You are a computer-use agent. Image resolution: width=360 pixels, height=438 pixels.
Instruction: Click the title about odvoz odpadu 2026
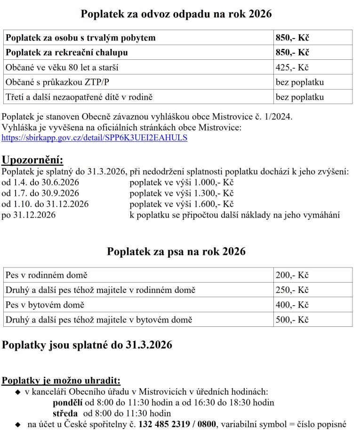(x=176, y=14)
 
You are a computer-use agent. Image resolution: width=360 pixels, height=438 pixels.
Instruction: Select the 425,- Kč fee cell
(x=292, y=67)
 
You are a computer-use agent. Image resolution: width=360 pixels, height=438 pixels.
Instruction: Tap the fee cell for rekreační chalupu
(x=292, y=52)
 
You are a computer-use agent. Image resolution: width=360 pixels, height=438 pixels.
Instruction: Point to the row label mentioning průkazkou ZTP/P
(x=57, y=82)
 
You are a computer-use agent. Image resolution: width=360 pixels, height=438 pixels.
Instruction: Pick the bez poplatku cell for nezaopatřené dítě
(x=300, y=97)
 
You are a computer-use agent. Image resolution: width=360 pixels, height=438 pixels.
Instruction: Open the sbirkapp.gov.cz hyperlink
(x=95, y=138)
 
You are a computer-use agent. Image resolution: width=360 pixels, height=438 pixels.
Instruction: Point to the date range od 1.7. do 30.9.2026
(x=40, y=193)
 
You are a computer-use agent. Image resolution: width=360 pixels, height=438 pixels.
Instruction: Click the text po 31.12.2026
(x=29, y=215)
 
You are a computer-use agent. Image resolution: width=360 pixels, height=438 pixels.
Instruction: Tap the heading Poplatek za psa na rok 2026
(x=176, y=251)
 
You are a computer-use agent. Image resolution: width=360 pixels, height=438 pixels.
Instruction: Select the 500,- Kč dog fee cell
(x=292, y=320)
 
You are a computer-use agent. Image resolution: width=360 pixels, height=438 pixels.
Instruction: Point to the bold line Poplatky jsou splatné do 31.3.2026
(x=87, y=345)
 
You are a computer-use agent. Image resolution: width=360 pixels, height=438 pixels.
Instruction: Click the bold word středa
(x=65, y=414)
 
